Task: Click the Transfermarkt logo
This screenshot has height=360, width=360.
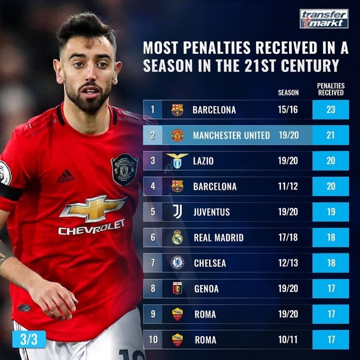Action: (x=323, y=18)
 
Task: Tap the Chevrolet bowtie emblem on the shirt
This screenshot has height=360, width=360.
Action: (x=93, y=207)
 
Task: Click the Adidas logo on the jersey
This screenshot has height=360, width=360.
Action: (x=65, y=175)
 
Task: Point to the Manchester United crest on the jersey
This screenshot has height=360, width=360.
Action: (x=124, y=169)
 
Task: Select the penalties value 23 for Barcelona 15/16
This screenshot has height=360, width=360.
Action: (x=330, y=109)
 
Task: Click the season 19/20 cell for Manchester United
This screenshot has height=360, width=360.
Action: (x=288, y=135)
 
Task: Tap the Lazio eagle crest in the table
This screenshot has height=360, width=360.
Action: (x=177, y=160)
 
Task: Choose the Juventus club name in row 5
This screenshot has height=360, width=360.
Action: (x=211, y=212)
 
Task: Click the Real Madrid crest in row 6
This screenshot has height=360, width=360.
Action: (x=177, y=237)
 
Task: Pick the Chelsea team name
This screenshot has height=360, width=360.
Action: (x=210, y=263)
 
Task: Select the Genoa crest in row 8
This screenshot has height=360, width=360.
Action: (x=177, y=288)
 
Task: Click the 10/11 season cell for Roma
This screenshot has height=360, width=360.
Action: (x=288, y=340)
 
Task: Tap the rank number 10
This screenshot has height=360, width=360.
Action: (x=153, y=340)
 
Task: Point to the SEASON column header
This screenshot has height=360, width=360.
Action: (x=288, y=92)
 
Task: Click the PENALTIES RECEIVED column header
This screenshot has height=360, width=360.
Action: (x=330, y=89)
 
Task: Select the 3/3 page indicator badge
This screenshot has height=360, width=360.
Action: (x=29, y=339)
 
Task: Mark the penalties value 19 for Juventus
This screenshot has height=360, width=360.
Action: (x=330, y=212)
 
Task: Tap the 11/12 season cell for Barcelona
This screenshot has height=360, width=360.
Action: (x=288, y=186)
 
